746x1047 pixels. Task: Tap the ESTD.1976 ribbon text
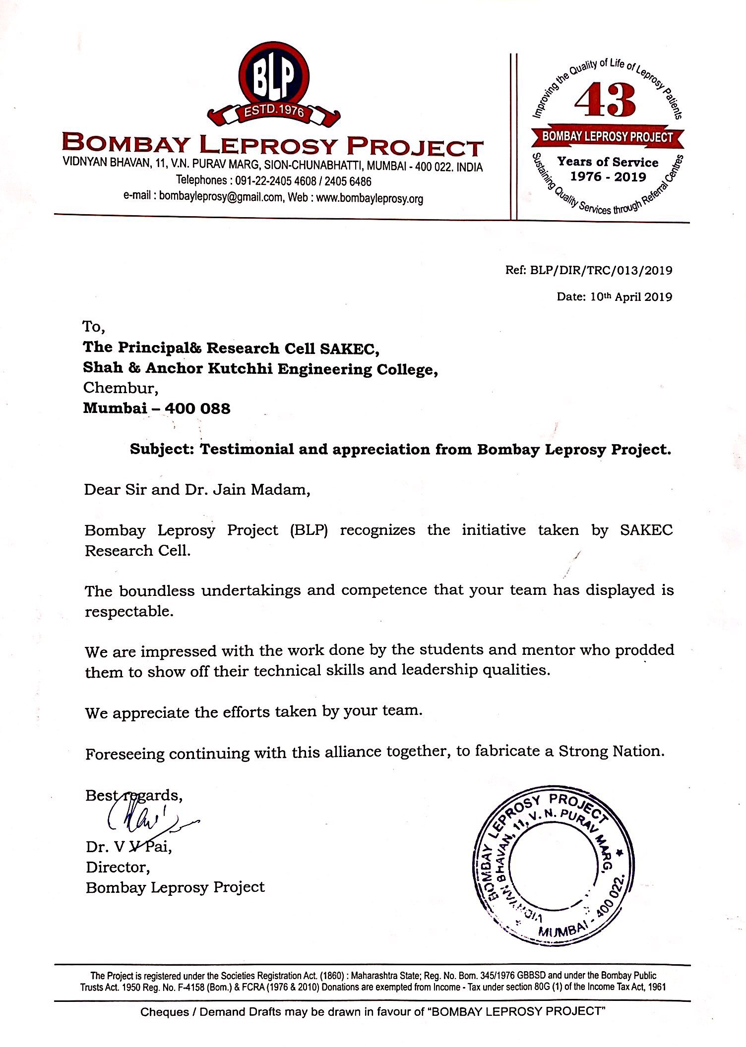pos(274,110)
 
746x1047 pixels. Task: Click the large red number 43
pos(605,101)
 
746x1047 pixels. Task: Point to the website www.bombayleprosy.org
pos(370,198)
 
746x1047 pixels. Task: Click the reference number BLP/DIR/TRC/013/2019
pos(601,270)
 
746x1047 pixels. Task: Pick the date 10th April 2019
pos(631,296)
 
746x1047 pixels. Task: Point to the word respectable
pos(128,612)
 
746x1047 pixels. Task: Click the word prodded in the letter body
pos(644,649)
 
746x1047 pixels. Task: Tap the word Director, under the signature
pos(118,867)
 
